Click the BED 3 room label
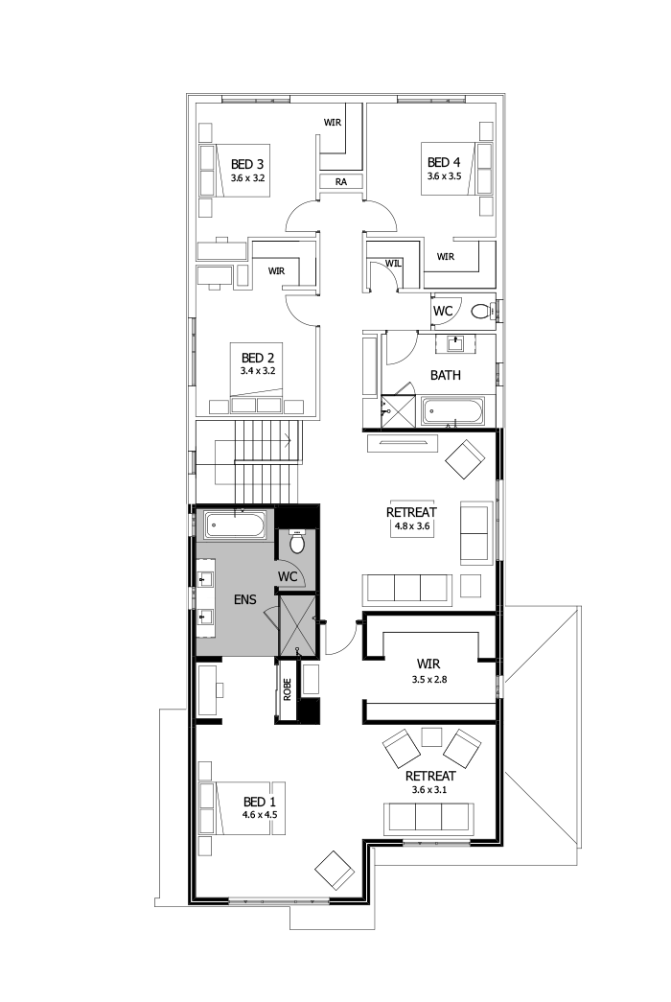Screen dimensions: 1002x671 (247, 164)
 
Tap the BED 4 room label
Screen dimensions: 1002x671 (444, 162)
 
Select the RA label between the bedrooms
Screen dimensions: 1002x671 (340, 181)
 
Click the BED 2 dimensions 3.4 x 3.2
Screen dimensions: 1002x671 (259, 370)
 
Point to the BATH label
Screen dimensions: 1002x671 (445, 375)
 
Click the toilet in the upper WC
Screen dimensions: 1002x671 (480, 310)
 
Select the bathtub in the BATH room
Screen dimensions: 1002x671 (454, 413)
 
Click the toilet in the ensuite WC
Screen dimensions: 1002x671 (296, 543)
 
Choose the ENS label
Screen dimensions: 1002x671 (244, 599)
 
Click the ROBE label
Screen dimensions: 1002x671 (286, 689)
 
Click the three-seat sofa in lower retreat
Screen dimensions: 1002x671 (428, 817)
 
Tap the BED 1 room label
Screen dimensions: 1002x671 (259, 802)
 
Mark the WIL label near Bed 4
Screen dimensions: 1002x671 (393, 262)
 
